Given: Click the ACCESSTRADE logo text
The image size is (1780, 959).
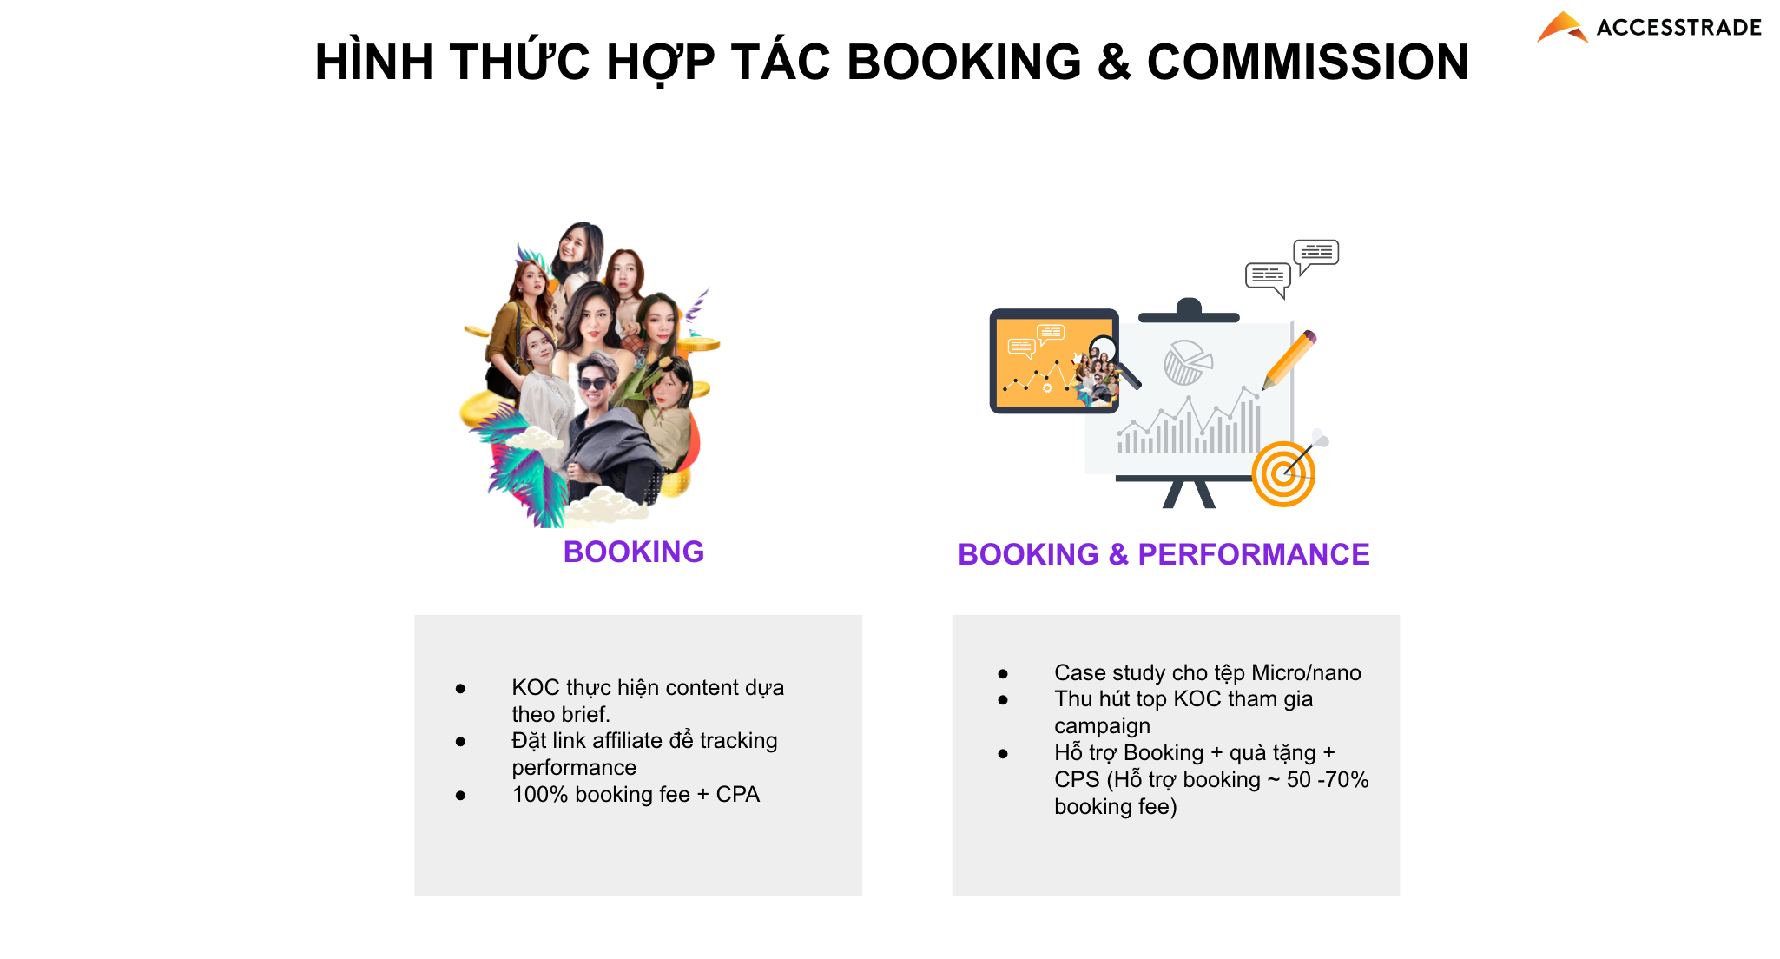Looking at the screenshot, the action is pos(1678,28).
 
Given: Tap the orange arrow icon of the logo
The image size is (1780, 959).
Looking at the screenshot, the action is pos(1562,27).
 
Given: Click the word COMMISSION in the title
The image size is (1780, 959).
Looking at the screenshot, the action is pos(1308,62).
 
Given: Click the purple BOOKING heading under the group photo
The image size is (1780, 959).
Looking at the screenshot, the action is pos(634,552).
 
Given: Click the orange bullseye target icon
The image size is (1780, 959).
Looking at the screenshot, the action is pos(1283,473).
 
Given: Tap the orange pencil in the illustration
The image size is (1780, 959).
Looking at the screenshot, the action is pos(1289,360).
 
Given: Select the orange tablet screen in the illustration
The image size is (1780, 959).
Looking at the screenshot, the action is pos(1054,361).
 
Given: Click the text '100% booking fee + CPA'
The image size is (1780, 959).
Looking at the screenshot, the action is pos(636,794).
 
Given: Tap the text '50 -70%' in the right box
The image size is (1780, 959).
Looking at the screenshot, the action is pos(1328,779).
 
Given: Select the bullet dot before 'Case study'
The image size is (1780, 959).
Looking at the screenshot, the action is pos(1003,673).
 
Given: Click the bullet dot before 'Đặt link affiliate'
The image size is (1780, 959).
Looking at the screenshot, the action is pos(460,741).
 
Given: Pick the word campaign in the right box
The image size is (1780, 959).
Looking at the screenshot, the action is pos(1102,726).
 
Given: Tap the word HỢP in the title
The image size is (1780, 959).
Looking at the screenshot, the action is pos(661,63).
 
